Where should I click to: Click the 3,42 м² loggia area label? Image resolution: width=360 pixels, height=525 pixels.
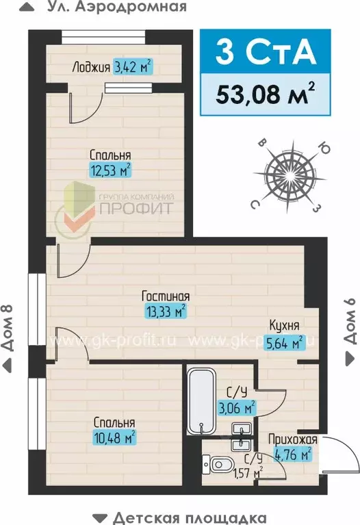click(133, 67)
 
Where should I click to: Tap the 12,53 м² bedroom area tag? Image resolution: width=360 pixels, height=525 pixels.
click(110, 169)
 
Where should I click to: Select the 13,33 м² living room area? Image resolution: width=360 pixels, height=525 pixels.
click(165, 311)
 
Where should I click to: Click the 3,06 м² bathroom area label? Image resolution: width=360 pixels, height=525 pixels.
click(237, 408)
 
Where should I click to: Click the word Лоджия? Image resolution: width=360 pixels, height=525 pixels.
click(90, 67)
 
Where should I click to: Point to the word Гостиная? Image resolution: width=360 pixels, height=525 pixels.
click(165, 296)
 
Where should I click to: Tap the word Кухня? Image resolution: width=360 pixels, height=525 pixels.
click(283, 326)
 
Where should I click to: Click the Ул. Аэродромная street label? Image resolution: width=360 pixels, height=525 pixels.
click(117, 8)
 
